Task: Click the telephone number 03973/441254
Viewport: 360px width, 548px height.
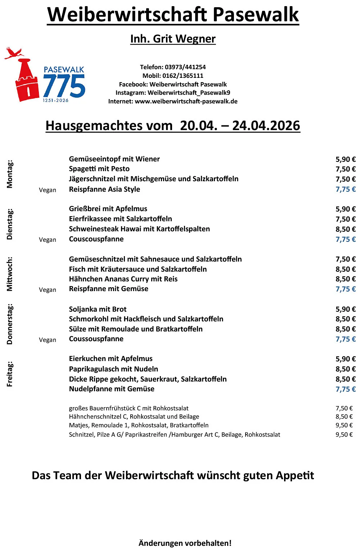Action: point(185,67)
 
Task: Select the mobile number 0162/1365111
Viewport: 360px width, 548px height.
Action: point(183,76)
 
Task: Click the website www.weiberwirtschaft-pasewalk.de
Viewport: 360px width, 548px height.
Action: point(186,101)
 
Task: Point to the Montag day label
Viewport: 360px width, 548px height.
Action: point(10,174)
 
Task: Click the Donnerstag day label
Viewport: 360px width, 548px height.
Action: point(10,324)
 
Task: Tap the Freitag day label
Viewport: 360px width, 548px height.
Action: point(10,374)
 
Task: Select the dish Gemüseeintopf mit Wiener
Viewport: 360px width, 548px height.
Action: point(114,159)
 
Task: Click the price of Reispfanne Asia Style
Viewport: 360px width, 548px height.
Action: point(345,189)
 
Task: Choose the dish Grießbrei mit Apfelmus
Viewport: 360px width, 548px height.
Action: point(108,209)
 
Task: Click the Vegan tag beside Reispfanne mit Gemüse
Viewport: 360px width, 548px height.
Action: point(48,290)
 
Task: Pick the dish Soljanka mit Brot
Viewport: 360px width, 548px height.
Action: point(98,309)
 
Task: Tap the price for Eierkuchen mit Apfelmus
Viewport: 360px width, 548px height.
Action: point(345,359)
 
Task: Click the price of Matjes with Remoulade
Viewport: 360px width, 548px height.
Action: point(344,425)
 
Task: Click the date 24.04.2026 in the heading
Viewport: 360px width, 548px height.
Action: point(266,126)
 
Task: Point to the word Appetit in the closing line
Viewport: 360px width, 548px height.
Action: point(295,476)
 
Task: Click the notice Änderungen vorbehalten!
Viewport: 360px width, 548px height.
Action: point(185,543)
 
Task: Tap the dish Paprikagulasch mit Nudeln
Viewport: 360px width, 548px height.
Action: point(113,369)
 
